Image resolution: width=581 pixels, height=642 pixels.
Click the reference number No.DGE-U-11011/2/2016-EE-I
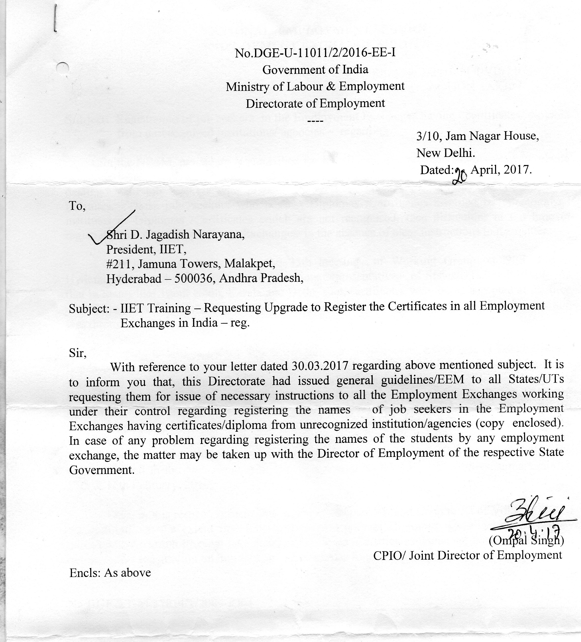315,53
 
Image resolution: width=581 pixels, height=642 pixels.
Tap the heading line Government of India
315,69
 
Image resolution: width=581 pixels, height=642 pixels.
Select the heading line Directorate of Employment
315,103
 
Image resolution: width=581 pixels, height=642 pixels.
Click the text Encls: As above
110,573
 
